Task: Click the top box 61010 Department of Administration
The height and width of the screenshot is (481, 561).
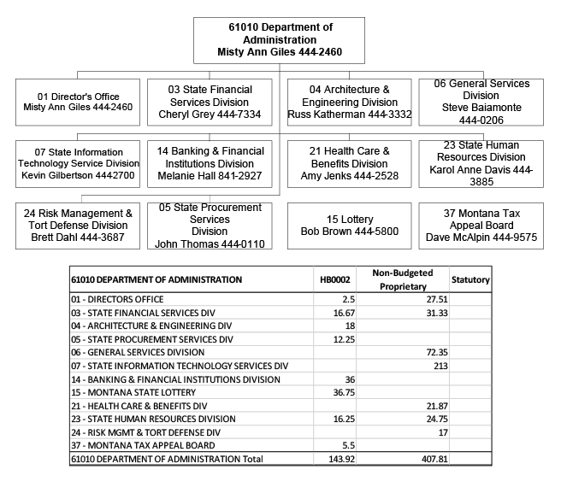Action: [x=280, y=40]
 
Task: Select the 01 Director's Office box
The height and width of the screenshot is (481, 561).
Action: [x=79, y=102]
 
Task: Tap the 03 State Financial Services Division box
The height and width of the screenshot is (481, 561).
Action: [x=210, y=102]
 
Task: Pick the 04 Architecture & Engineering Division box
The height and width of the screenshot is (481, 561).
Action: [x=349, y=102]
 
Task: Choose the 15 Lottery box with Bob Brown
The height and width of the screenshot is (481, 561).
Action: [x=349, y=226]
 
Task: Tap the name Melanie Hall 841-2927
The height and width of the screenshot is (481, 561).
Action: [x=210, y=175]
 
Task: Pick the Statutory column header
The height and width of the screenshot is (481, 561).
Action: [x=470, y=279]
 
